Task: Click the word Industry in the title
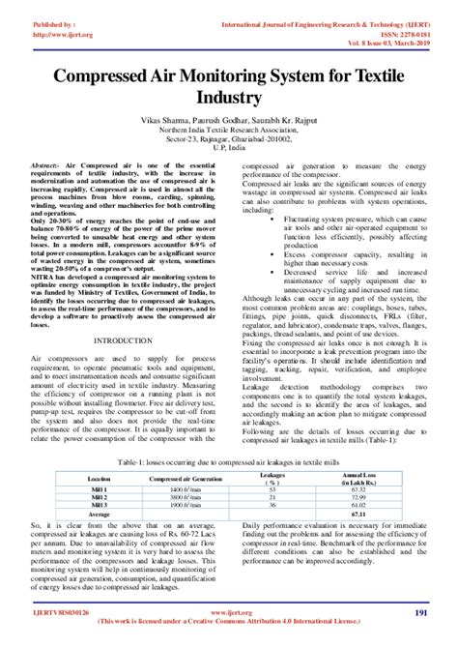(x=229, y=98)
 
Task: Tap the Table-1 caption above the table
(x=228, y=463)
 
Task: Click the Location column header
(x=99, y=479)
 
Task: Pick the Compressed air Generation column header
(x=184, y=479)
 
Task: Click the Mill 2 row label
(x=99, y=496)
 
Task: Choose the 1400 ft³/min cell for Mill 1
(x=184, y=489)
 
